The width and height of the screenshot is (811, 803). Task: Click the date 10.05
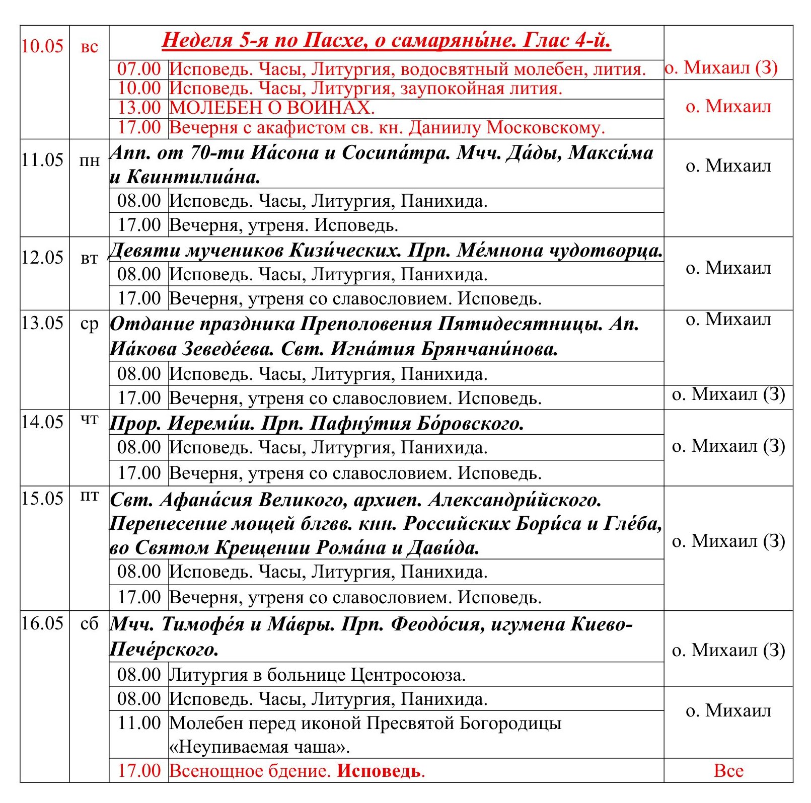[42, 46]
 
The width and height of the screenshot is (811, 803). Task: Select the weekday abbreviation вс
[89, 47]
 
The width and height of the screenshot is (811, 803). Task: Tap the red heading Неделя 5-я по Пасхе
[386, 40]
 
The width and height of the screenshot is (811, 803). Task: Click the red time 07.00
[139, 69]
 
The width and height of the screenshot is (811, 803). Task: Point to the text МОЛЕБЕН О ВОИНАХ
[272, 108]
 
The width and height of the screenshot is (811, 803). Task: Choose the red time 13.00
[139, 108]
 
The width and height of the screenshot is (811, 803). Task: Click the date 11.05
[42, 160]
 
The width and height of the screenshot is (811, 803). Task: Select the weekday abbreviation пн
[89, 161]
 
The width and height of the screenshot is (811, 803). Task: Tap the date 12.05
[42, 258]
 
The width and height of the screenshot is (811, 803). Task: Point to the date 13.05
[42, 323]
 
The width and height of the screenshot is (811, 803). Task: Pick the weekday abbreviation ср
[89, 324]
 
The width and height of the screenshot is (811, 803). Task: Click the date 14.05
[42, 422]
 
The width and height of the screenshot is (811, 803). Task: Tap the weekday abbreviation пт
[89, 497]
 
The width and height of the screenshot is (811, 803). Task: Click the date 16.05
[42, 623]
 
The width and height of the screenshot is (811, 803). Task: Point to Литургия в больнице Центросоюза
[317, 675]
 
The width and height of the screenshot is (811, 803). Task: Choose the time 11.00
[139, 724]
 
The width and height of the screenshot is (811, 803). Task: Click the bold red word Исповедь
[380, 771]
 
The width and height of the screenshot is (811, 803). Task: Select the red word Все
[728, 771]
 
